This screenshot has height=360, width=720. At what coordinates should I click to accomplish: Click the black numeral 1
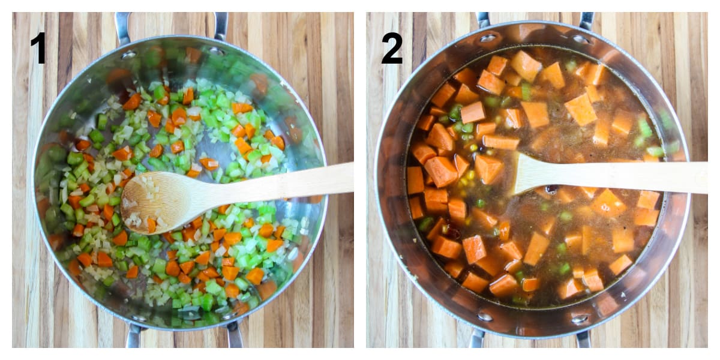(38, 47)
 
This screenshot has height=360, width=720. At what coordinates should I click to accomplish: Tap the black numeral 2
(392, 47)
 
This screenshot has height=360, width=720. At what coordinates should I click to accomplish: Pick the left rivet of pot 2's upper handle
(488, 38)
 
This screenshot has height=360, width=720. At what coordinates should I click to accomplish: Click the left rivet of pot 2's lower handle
(485, 316)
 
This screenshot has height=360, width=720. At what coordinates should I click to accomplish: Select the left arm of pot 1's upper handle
(122, 27)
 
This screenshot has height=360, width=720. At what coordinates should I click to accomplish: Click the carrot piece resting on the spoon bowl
(151, 224)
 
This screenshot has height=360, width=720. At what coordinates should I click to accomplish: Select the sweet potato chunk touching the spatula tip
(488, 169)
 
